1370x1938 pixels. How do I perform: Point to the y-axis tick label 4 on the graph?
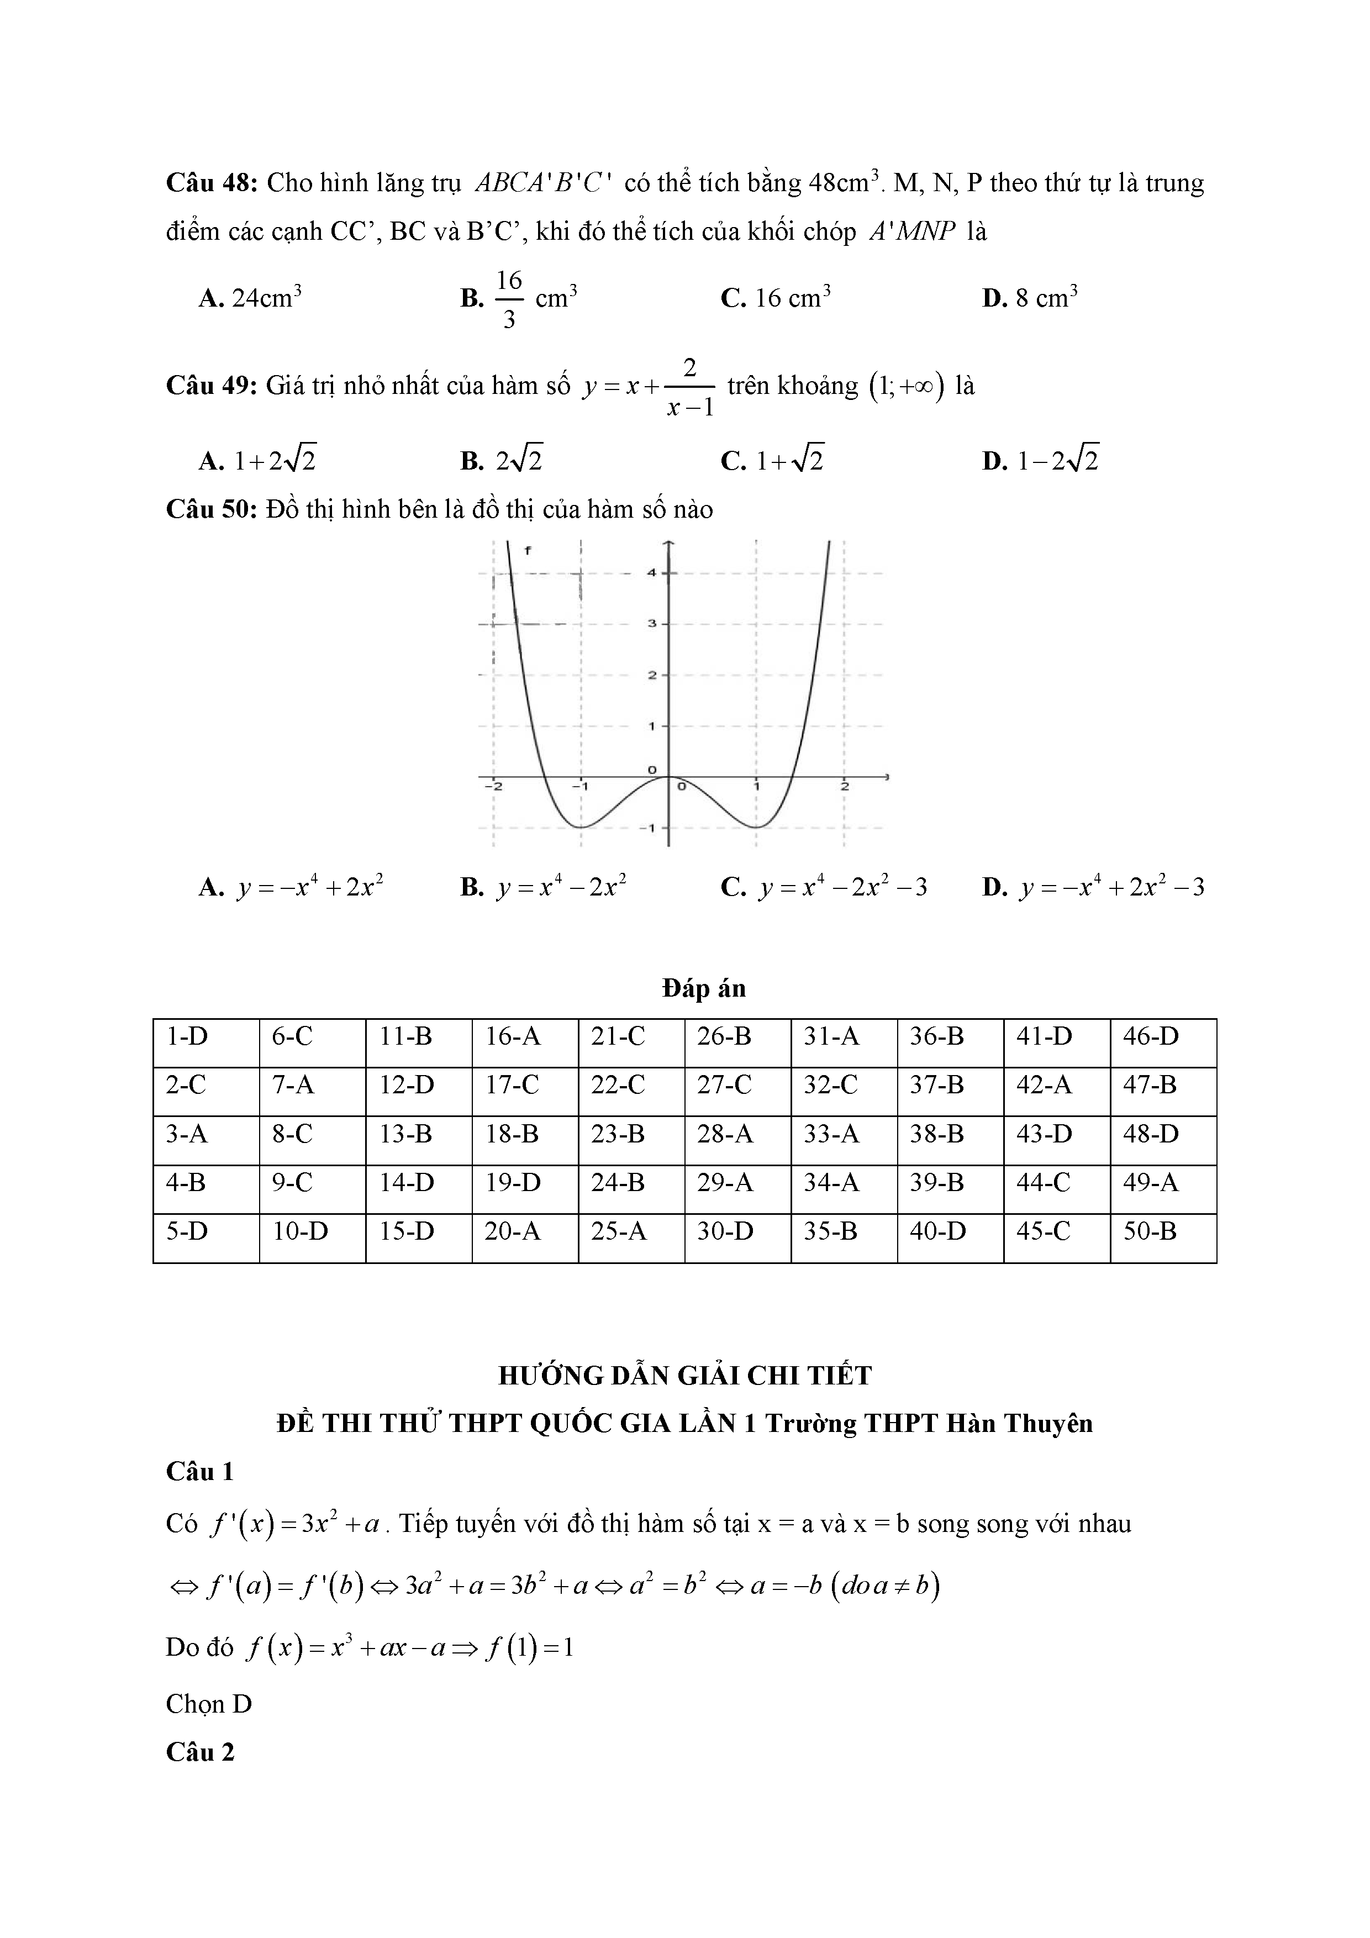tap(652, 572)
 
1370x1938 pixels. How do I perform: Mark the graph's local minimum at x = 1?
tap(757, 826)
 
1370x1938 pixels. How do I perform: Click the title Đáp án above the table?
tap(704, 988)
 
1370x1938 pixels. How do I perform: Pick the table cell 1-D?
tap(187, 1036)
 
